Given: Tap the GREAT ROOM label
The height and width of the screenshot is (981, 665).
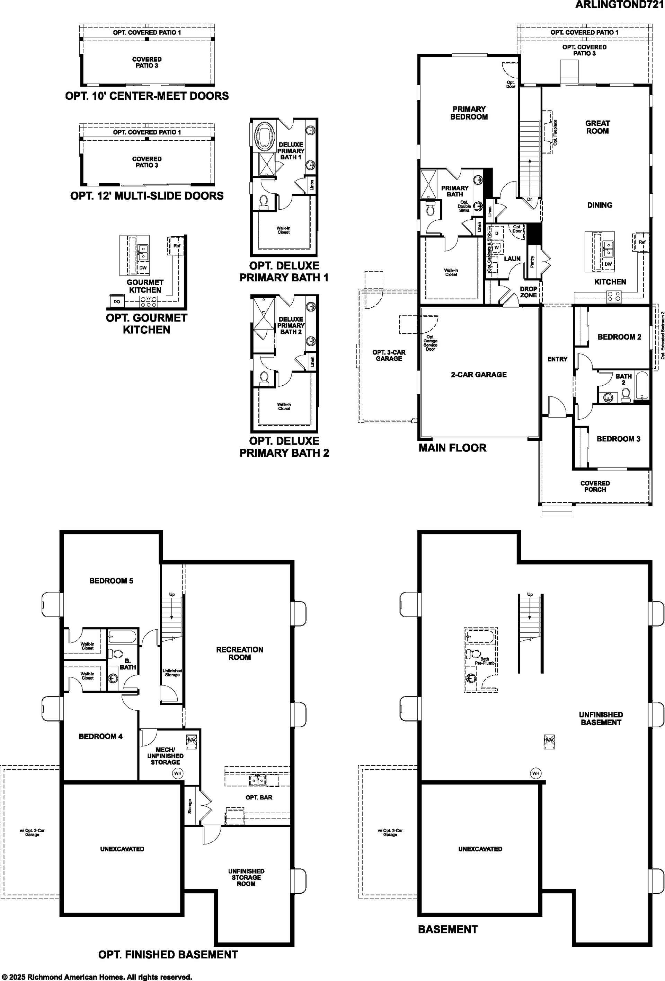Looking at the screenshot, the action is click(x=597, y=127).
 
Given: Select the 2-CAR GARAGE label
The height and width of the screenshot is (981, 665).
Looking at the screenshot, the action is click(x=479, y=375).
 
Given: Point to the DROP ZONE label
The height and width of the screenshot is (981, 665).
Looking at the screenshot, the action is click(x=528, y=292).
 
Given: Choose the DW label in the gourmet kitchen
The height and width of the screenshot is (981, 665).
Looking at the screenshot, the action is click(x=143, y=268).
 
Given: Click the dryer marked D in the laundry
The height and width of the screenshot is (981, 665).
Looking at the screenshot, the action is click(x=497, y=233).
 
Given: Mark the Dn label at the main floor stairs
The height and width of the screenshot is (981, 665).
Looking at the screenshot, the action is click(x=530, y=199).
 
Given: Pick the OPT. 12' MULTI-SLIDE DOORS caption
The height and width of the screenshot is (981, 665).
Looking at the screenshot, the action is click(x=147, y=196).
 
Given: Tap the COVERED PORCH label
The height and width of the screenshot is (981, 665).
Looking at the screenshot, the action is click(x=595, y=486).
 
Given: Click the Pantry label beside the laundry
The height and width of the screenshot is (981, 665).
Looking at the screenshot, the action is click(x=532, y=262).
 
